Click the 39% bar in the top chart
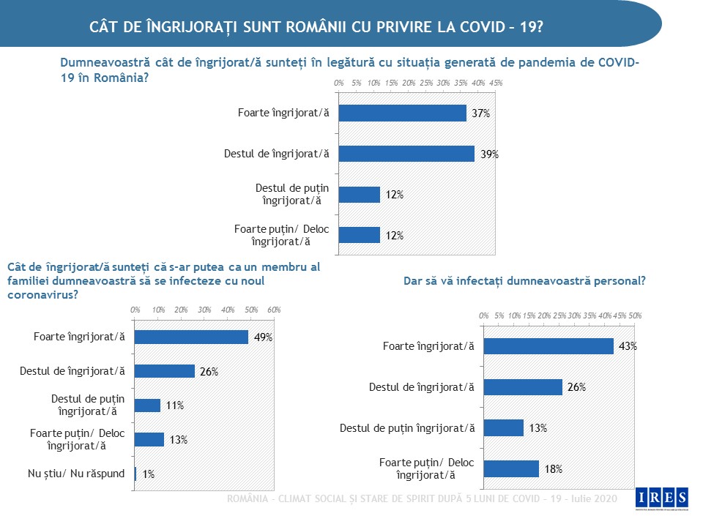[406, 154]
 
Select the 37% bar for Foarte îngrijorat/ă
[403, 113]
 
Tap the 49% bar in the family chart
[192, 337]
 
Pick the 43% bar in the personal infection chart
[548, 346]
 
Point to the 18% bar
[511, 468]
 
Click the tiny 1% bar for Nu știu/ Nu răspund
[136, 474]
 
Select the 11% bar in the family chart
[148, 405]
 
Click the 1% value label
[148, 474]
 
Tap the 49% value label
[263, 337]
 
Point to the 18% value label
[553, 469]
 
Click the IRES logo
[662, 498]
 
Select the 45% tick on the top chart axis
[496, 83]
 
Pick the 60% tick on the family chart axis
[274, 310]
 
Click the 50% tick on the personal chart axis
[636, 315]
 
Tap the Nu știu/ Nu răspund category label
[76, 474]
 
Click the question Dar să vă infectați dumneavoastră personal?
[524, 280]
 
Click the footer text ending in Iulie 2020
[422, 498]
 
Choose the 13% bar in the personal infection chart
[504, 427]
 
